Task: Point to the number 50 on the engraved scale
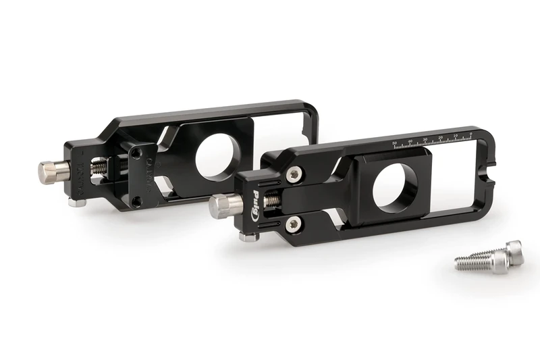(395, 143)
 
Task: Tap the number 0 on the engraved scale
(470, 135)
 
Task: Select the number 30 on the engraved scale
(425, 140)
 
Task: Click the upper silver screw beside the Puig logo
(293, 174)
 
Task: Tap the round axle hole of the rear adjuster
(215, 154)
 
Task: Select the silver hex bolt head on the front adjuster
(221, 205)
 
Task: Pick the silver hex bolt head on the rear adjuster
(49, 172)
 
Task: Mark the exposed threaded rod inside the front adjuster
(272, 201)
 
